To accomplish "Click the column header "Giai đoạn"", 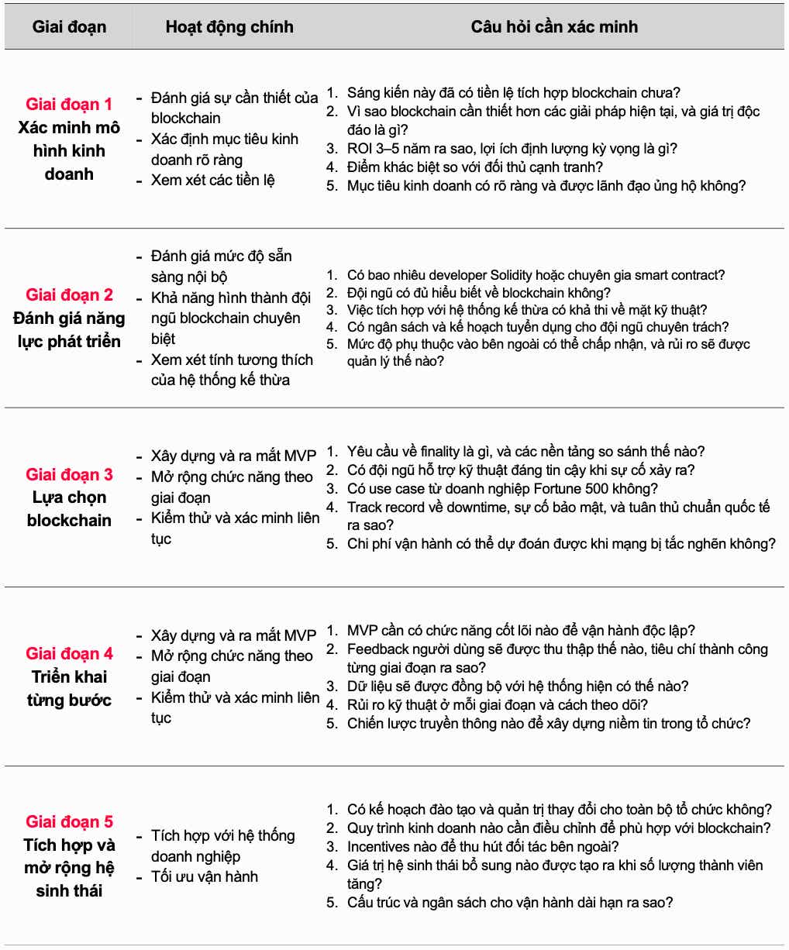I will click(69, 27).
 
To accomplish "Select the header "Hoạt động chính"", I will click(229, 27).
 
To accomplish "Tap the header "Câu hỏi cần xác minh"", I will click(554, 27).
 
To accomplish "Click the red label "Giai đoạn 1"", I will click(69, 104).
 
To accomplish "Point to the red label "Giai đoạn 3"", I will click(69, 474).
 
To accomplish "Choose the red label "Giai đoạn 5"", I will click(69, 821).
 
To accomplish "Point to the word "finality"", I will click(448, 451).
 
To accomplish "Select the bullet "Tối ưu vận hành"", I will click(205, 876).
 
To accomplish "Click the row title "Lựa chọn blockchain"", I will click(69, 509).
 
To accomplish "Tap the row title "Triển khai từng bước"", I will click(69, 688).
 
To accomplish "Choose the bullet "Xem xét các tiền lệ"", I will click(213, 180).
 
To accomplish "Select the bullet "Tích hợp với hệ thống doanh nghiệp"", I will click(222, 845).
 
